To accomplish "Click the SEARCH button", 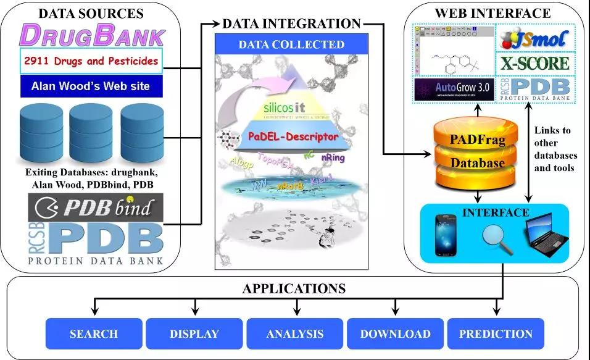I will pyautogui.click(x=94, y=334).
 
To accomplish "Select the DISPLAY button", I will pyautogui.click(x=194, y=334).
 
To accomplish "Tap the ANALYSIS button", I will pyautogui.click(x=295, y=334).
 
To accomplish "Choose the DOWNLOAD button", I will pyautogui.click(x=395, y=334).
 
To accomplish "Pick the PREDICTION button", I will pyautogui.click(x=496, y=334).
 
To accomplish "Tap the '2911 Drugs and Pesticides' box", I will pyautogui.click(x=91, y=61).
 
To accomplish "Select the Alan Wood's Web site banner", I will pyautogui.click(x=91, y=86).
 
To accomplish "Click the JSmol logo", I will pyautogui.click(x=536, y=38).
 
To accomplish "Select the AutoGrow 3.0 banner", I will pyautogui.click(x=454, y=88).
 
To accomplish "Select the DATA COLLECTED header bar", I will pyautogui.click(x=291, y=44).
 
